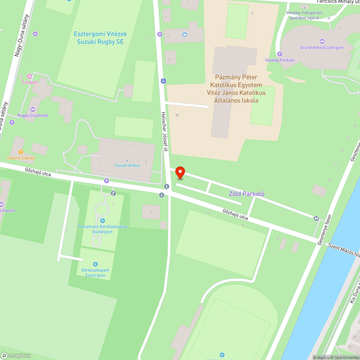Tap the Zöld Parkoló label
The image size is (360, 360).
[x=247, y=194]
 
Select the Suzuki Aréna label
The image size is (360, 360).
[x=127, y=165]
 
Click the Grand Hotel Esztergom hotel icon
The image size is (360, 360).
[x=322, y=41]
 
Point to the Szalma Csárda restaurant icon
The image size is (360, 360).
[x=21, y=152]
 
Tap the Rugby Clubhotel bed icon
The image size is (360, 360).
[x=33, y=109]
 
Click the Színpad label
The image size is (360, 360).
[x=29, y=82]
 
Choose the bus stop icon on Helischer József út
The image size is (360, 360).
[x=163, y=81]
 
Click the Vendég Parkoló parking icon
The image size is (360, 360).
[x=279, y=54]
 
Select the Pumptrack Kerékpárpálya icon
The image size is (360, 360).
[x=103, y=220]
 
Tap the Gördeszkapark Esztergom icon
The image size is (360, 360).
[x=95, y=265]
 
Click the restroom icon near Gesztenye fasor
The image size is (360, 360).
[x=316, y=218]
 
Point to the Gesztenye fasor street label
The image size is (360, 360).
[x=324, y=230]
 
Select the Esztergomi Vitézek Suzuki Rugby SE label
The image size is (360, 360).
[x=100, y=38]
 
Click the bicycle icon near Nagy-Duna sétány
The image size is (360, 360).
[x=35, y=34]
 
